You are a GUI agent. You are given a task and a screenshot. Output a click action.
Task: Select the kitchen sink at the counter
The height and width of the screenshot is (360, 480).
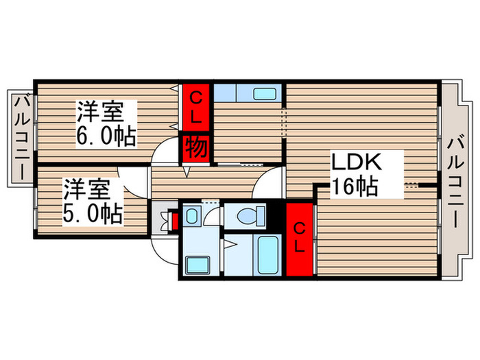point(264,93)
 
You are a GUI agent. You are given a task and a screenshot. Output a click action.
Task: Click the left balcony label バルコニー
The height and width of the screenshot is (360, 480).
point(21,137)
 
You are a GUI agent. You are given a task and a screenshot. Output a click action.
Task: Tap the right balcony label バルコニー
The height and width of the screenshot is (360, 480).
point(455,182)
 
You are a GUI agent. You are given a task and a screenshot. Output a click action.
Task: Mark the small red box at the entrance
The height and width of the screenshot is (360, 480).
point(173,221)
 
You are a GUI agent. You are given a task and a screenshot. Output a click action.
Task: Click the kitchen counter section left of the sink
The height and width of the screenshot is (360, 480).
point(233,93)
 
